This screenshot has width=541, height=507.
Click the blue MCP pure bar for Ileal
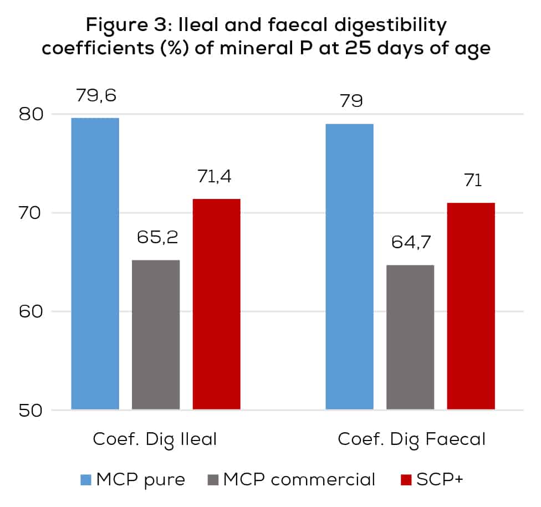(x=95, y=264)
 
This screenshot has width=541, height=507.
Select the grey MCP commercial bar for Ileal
(x=156, y=335)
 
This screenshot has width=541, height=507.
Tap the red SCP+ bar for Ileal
(x=216, y=304)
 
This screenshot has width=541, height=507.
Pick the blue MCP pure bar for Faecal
(x=349, y=267)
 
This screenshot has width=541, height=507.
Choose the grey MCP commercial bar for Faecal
(x=410, y=337)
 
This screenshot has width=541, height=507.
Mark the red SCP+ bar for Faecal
(x=471, y=306)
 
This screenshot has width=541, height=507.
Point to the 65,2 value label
(x=156, y=239)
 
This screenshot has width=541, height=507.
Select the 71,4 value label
(x=216, y=178)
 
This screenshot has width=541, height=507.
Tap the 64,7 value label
(x=410, y=244)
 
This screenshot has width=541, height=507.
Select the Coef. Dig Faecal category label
(x=411, y=439)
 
